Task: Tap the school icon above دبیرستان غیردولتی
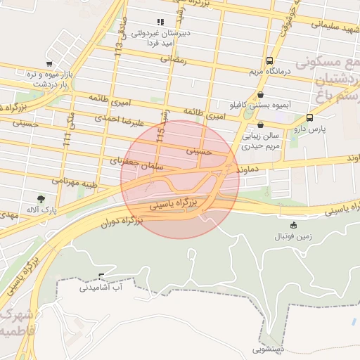click(160, 21)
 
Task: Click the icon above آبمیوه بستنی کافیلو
click(262, 94)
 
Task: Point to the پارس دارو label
click(307, 129)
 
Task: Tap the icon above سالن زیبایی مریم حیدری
click(260, 124)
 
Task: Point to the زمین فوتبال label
click(294, 237)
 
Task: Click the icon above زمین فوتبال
click(294, 226)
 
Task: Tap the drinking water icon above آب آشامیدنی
click(102, 275)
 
